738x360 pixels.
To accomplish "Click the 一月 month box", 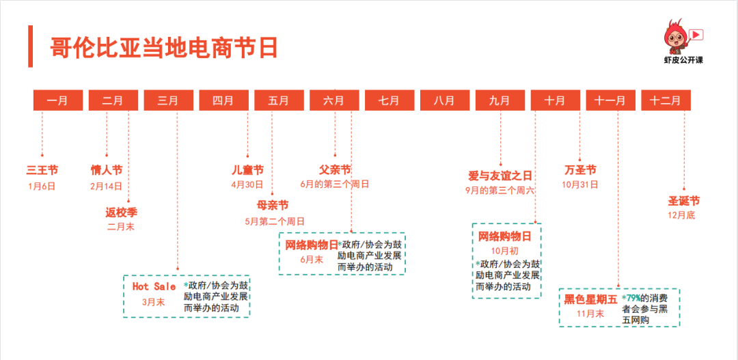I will pos(58,100).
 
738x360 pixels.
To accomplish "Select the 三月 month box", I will pos(168,100).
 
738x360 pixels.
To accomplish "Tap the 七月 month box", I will pos(389,100).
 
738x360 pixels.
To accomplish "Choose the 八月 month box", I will pos(444,100).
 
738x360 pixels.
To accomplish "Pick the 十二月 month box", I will pos(665,100).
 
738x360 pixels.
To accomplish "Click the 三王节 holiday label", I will pos(42,170).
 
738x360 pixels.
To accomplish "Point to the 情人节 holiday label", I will pos(107,170).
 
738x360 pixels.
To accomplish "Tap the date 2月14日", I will pos(107,186).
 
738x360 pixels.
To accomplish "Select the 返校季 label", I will pos(122,212).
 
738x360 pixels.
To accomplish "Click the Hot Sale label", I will pos(154,286).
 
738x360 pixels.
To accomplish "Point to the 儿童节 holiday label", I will pos(247,170).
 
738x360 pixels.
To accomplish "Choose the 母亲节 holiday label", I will pos(273,205).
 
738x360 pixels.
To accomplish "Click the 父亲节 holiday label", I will pos(335,169).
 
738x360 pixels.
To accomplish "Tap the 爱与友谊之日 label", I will pos(500,176).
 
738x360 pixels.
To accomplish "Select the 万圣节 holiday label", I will pos(580,169).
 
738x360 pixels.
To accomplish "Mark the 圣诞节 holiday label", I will pos(683,201).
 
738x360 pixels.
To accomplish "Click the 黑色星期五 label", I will pos(590,299).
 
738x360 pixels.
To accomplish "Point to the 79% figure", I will pos(633,299).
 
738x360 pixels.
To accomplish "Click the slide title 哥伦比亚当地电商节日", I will pos(164,48).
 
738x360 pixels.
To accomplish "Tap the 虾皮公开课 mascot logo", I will pos(683,41).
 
